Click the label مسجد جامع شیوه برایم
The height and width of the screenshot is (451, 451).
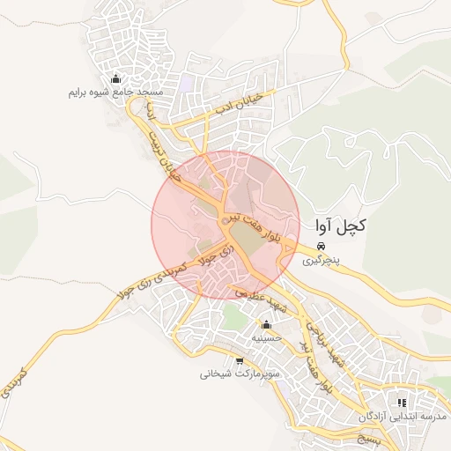tap(116, 92)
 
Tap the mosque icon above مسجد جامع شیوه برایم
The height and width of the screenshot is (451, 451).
tap(116, 78)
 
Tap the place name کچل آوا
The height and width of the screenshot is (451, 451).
tap(339, 226)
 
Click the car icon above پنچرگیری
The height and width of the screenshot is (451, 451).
tap(322, 247)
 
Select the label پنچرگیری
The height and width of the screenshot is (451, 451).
tap(320, 261)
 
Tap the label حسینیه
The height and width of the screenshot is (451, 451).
tap(266, 337)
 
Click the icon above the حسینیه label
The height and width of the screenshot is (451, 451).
tap(266, 323)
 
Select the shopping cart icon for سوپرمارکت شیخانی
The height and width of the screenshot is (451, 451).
tap(240, 360)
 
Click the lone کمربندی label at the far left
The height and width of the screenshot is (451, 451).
tap(17, 380)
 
